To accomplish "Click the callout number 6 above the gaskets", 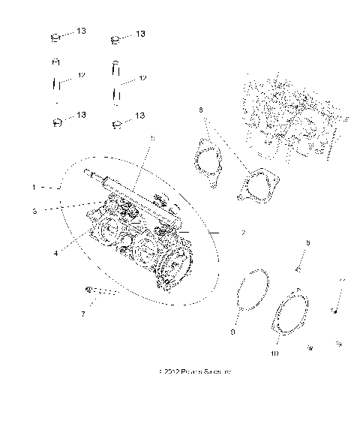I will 200,110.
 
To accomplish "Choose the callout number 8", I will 307,242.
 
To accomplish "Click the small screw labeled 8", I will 298,267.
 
